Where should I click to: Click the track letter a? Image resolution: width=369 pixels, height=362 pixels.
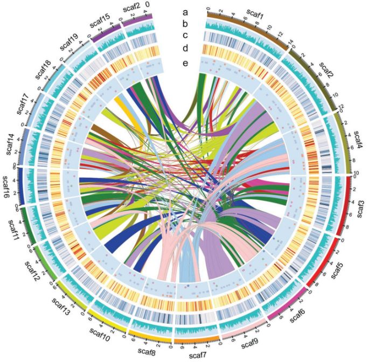184,11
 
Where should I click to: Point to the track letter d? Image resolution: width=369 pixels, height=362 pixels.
184,48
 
